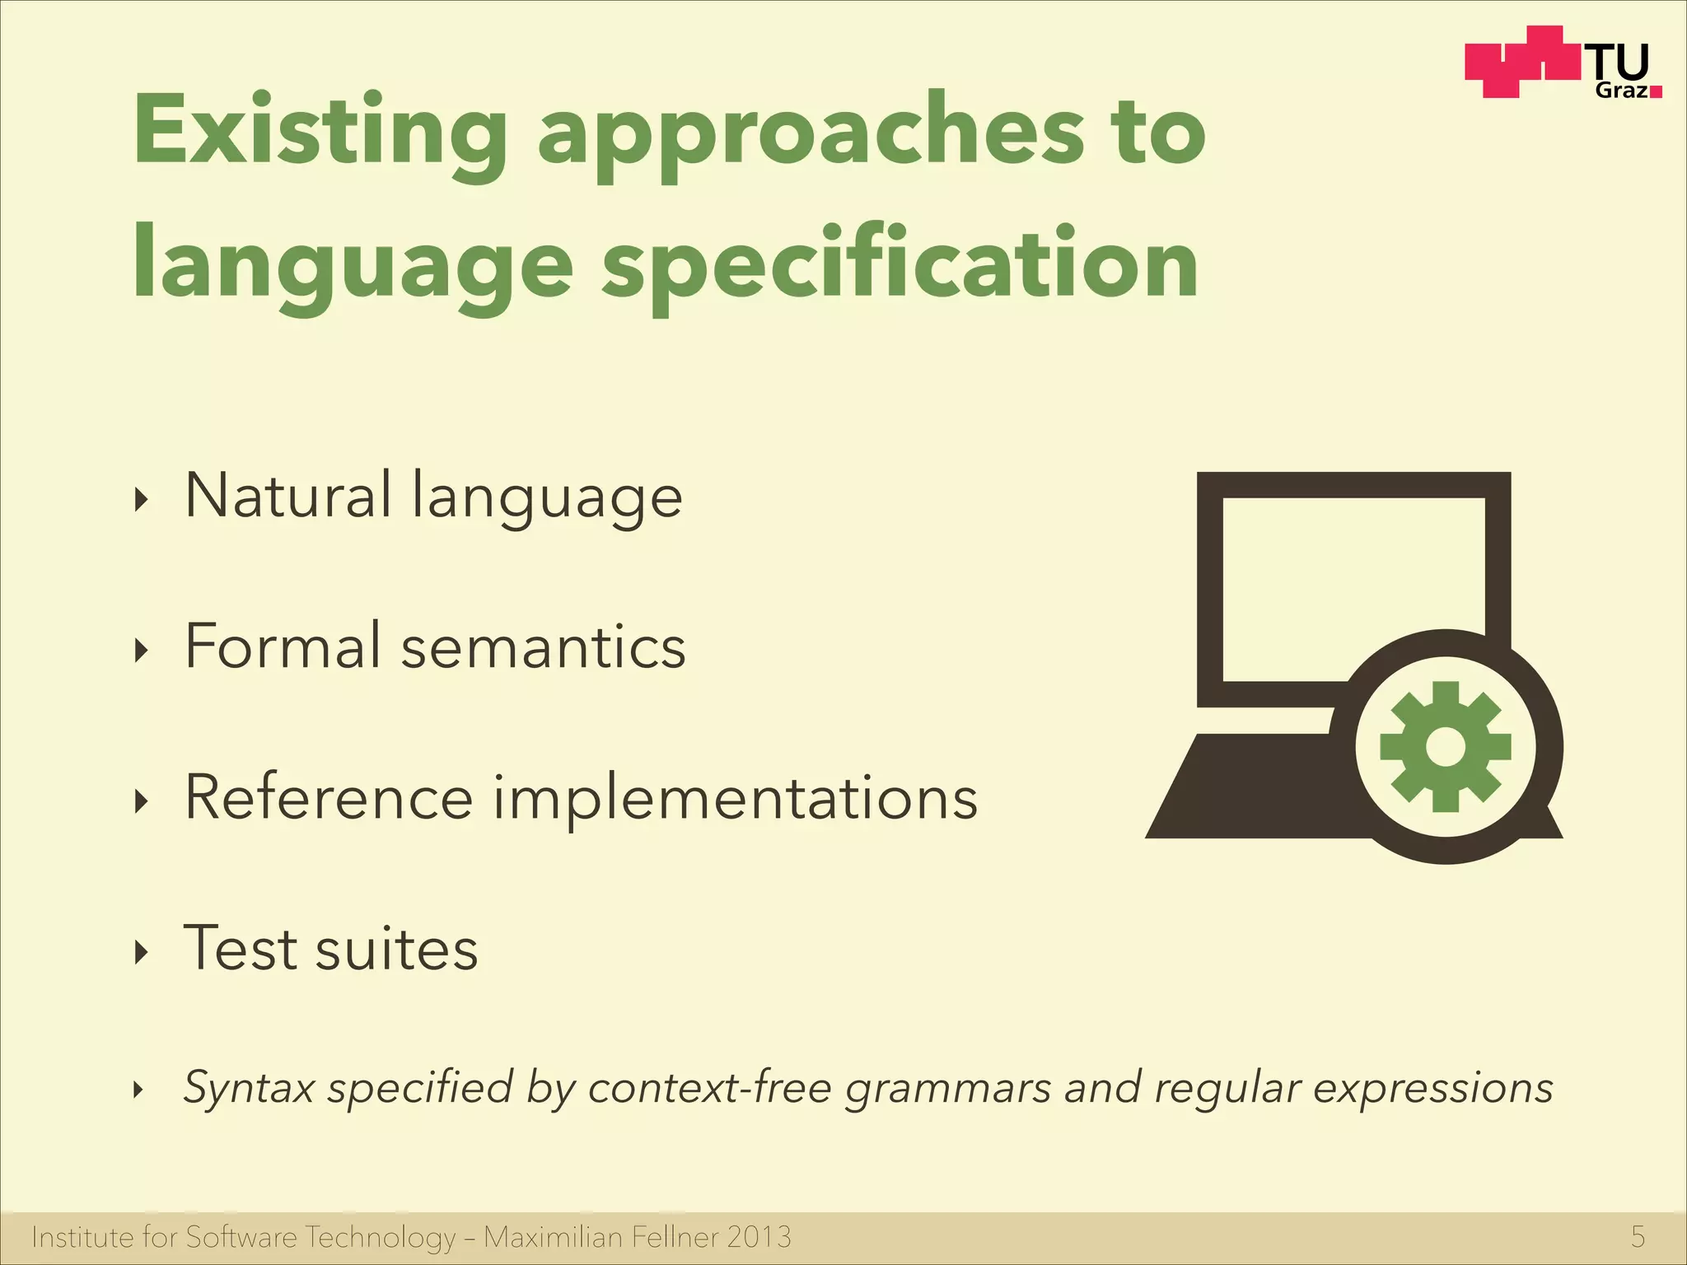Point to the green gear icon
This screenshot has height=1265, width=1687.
point(1446,747)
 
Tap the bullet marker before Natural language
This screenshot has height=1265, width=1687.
point(142,499)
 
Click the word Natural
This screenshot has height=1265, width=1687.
point(287,496)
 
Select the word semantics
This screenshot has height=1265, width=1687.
point(543,647)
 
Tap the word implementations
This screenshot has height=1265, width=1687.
point(735,799)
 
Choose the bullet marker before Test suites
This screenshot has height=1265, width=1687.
point(142,952)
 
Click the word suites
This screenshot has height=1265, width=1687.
point(396,950)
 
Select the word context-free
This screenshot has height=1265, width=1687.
point(710,1087)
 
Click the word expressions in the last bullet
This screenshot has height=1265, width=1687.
point(1432,1088)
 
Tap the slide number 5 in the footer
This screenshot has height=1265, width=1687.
point(1638,1237)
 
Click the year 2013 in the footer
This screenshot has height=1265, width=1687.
point(759,1237)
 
